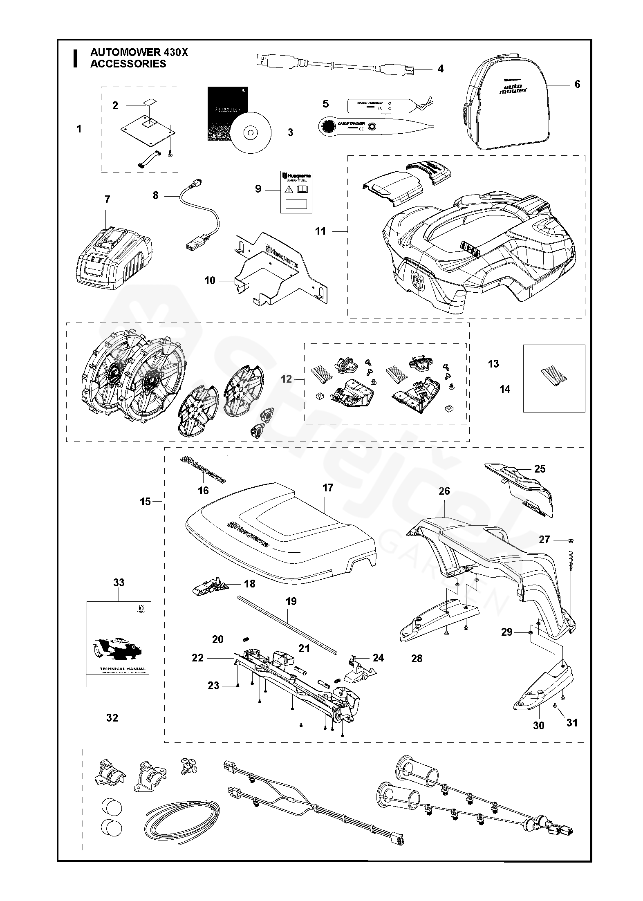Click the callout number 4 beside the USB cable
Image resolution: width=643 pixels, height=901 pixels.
(440, 69)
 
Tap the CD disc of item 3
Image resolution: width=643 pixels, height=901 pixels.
(249, 132)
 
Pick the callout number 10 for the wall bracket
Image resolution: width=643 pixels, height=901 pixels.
(210, 281)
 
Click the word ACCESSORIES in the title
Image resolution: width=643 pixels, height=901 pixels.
(128, 64)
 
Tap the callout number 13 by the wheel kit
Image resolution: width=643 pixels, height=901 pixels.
(493, 363)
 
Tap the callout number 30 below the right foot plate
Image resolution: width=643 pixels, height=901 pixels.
(539, 725)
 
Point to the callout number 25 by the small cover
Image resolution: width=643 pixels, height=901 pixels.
(540, 468)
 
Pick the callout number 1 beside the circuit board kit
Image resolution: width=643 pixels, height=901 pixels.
(79, 129)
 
